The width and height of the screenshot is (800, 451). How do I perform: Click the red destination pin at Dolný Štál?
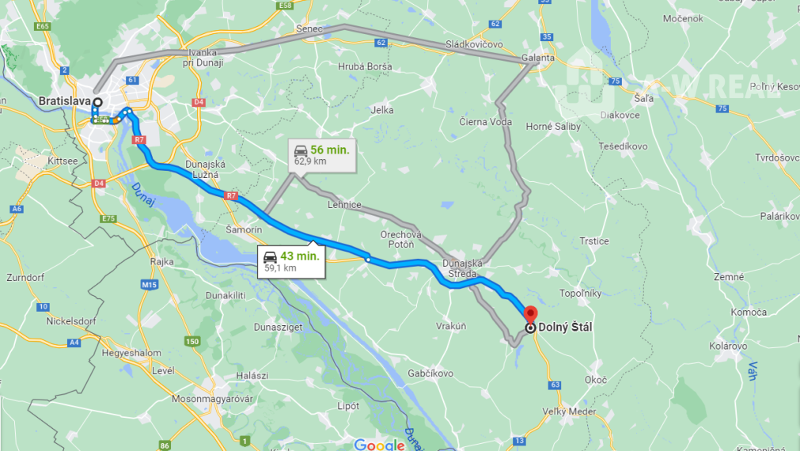click(x=530, y=314)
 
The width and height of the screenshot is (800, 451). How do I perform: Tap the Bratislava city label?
click(x=63, y=101)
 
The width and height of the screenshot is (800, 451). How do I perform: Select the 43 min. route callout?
click(x=291, y=261)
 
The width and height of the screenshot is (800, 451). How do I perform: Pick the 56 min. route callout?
click(x=320, y=154)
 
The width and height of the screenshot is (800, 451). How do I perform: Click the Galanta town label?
click(x=538, y=59)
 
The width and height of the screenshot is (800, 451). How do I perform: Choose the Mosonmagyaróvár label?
click(x=212, y=399)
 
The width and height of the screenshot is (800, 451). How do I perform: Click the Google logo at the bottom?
click(x=379, y=445)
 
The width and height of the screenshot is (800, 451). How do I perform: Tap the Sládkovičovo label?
click(x=474, y=44)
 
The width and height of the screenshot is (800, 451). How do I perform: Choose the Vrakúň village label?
click(x=451, y=326)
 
